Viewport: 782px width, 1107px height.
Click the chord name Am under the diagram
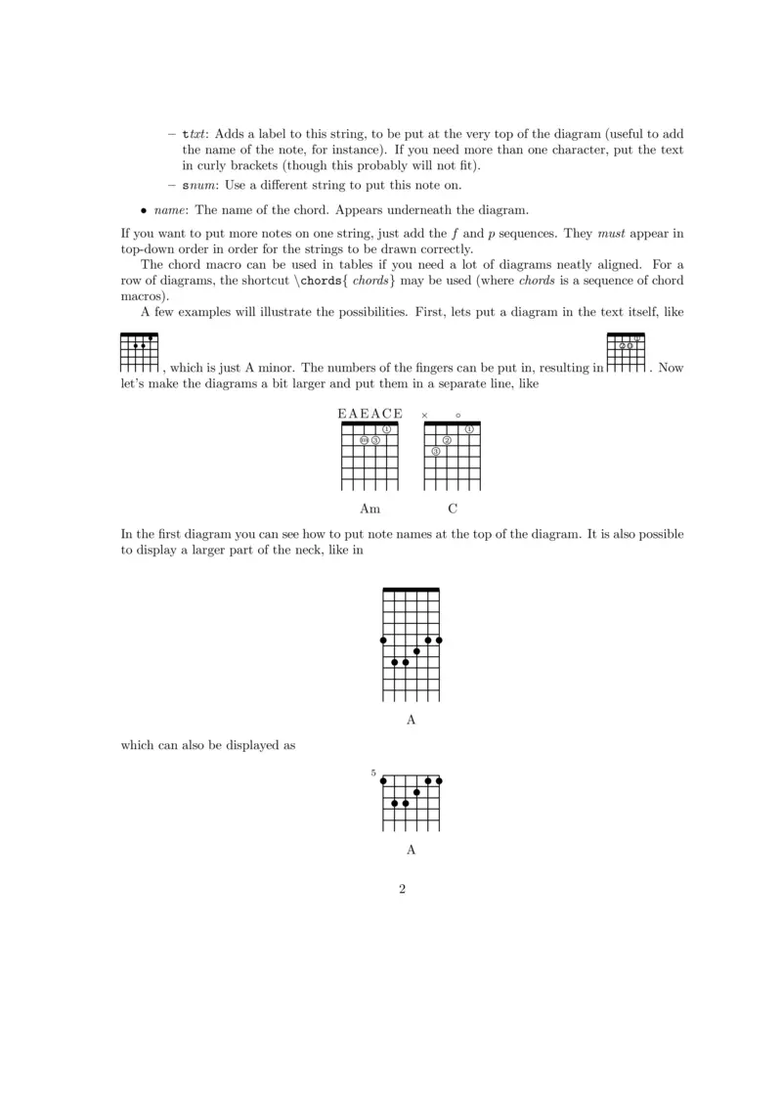369,509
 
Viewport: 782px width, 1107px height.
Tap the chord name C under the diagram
453,509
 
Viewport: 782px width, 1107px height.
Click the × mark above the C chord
424,416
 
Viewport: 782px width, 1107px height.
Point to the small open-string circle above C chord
458,416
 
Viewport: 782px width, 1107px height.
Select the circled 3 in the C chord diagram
436,451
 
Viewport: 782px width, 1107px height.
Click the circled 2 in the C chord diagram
447,440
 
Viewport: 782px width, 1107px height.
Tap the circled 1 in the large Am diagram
387,429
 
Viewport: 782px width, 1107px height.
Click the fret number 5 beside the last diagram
373,773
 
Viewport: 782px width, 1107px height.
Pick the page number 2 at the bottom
402,889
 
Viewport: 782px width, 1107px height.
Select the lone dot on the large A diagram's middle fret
417,651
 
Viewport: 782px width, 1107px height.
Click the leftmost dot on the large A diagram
383,641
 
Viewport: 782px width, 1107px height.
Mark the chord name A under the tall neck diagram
411,720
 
